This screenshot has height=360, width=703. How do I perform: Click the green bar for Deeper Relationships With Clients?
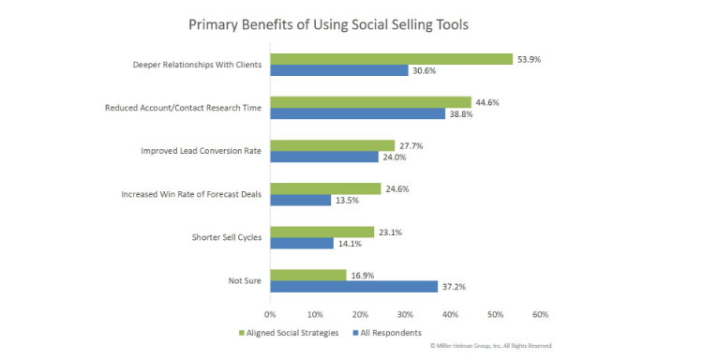[x=392, y=58]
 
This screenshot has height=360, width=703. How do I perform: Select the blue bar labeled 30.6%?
[x=339, y=70]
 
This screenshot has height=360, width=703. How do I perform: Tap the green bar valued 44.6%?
[x=370, y=101]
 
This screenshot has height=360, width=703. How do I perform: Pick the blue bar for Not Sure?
[x=353, y=286]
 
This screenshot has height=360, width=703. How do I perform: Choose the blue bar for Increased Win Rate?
[x=301, y=200]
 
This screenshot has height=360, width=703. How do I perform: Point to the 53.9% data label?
[x=529, y=58]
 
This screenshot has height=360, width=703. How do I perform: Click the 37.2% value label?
[x=456, y=286]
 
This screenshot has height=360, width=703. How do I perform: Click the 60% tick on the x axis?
[x=541, y=314]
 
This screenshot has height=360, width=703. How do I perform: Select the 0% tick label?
[x=270, y=314]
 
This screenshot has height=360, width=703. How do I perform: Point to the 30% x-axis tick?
[x=405, y=314]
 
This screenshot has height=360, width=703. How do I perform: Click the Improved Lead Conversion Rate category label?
[x=201, y=150]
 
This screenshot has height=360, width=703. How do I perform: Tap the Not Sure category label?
[x=246, y=280]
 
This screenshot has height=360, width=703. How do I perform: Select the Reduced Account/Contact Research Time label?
[x=182, y=107]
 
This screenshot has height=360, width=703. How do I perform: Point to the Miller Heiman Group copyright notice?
[x=490, y=346]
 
